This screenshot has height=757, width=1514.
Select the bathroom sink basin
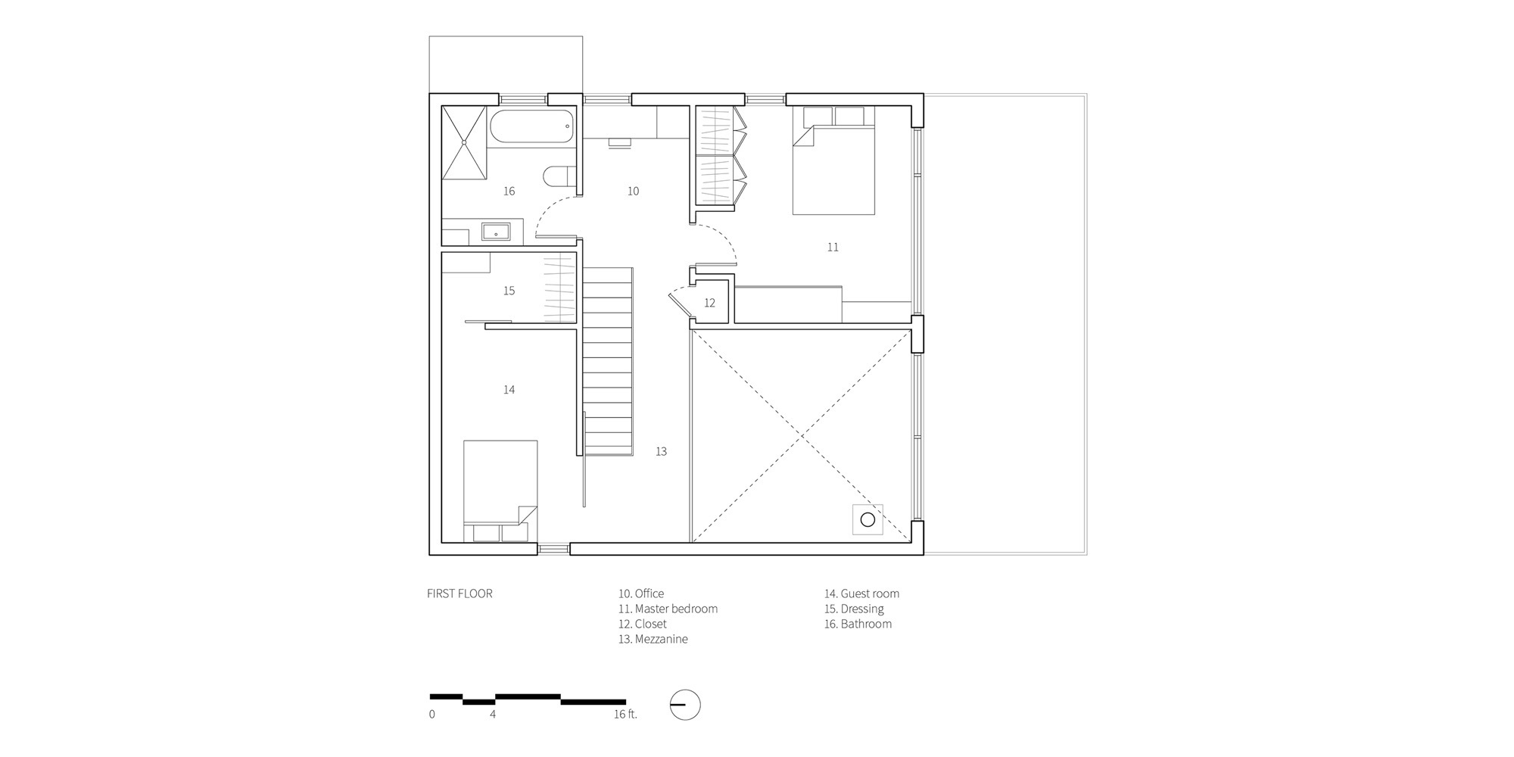pos(496,232)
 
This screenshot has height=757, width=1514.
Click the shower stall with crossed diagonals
pos(464,143)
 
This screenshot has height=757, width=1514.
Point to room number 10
pos(633,192)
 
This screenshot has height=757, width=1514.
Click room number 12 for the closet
pos(709,303)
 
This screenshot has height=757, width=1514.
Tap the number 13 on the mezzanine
pos(661,451)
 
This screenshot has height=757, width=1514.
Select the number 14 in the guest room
pos(509,390)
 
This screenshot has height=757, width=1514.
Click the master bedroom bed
pos(833,160)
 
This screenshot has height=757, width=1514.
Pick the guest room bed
pos(500,491)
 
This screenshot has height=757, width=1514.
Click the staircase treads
pos(607,361)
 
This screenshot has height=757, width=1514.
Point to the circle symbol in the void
pos(868,520)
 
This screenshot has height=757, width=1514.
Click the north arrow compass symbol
pos(685,706)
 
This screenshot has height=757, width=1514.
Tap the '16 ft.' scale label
pos(625,714)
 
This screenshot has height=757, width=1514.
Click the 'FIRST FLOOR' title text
pos(459,593)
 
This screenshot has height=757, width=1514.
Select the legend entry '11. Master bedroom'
pos(668,609)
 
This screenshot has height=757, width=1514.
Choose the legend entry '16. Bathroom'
pos(858,624)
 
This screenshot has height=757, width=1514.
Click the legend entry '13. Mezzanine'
pos(653,639)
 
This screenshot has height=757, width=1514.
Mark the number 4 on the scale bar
pos(493,714)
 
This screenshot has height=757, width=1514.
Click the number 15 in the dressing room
pos(509,291)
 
